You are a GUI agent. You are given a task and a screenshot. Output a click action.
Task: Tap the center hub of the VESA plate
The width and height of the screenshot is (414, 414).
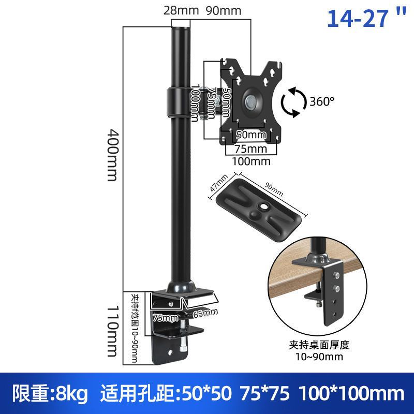251,99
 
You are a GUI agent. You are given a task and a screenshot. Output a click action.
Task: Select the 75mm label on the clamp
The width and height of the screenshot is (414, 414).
165,317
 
